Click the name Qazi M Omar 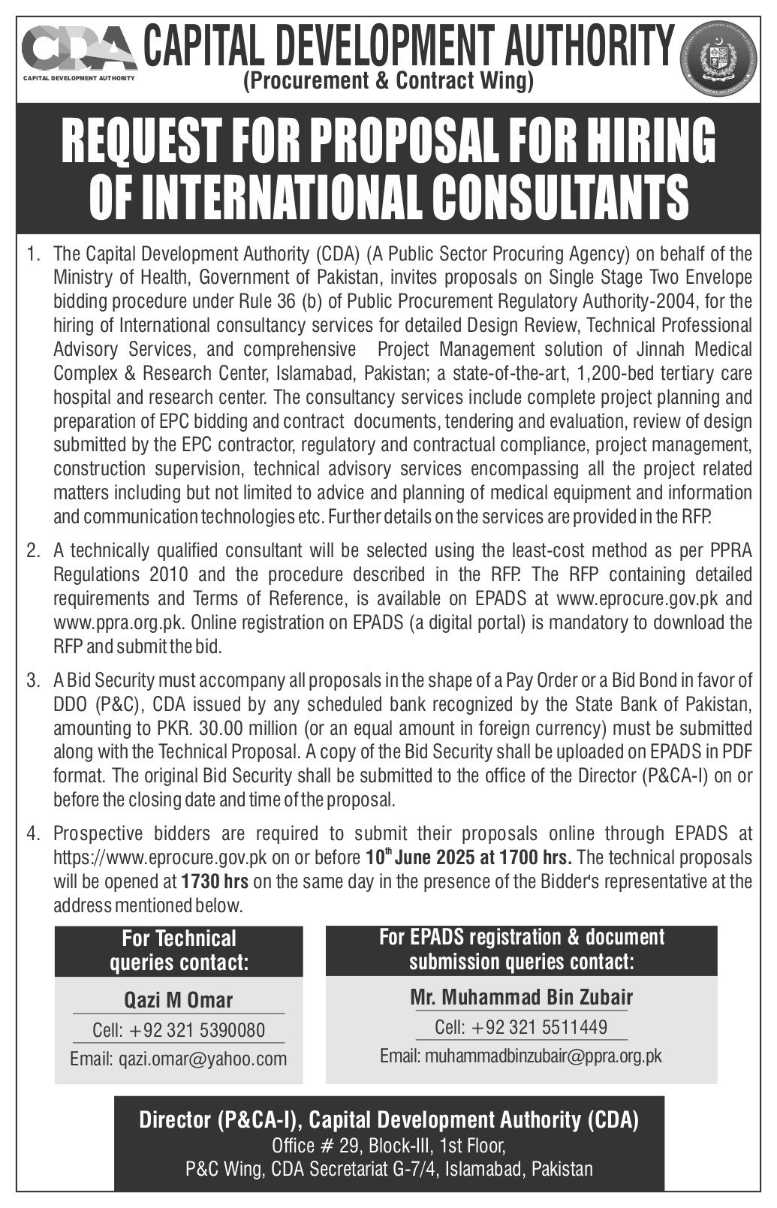click(x=178, y=1000)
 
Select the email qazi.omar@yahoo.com click(x=178, y=1059)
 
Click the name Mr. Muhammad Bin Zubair click(x=521, y=997)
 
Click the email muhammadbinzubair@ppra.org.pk click(x=521, y=1056)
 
